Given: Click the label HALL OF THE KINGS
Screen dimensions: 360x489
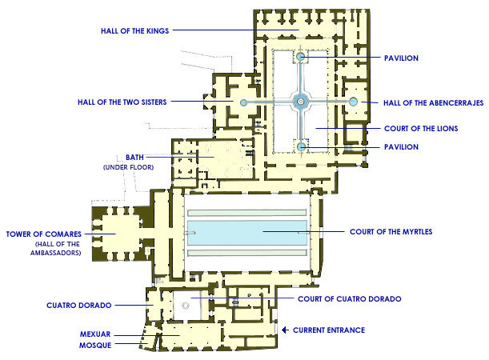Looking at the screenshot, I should pyautogui.click(x=123, y=30).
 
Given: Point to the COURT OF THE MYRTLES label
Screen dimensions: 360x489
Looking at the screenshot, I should pyautogui.click(x=391, y=232).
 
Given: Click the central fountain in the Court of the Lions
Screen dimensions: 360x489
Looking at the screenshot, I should pyautogui.click(x=301, y=101).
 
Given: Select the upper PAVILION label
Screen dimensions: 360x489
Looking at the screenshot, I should pyautogui.click(x=401, y=58).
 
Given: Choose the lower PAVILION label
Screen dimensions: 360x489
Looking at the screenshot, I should pyautogui.click(x=401, y=146).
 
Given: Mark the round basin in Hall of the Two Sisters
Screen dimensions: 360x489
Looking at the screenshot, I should pyautogui.click(x=243, y=102).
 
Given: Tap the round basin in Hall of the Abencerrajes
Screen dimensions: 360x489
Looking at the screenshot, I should pyautogui.click(x=353, y=102).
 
